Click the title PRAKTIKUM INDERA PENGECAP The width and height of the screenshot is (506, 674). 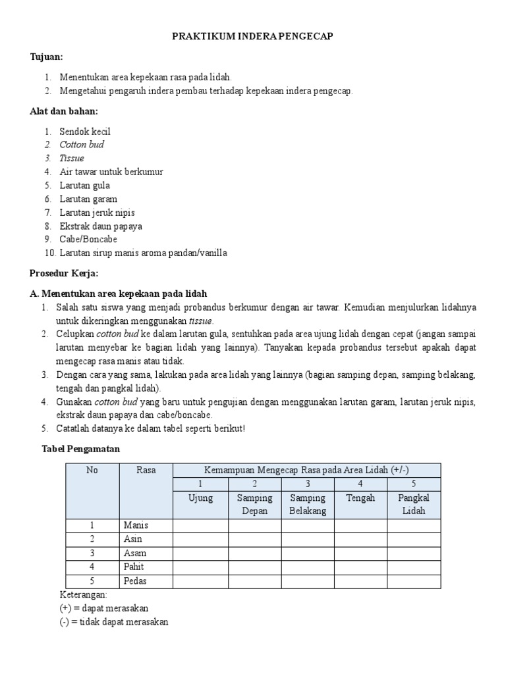(253, 37)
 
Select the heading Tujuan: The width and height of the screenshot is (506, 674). (47, 57)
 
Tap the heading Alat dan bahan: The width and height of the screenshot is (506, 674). (64, 111)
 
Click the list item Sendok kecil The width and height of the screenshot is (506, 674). (85, 132)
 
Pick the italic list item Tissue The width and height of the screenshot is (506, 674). (72, 159)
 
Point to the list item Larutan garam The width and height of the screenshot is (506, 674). (88, 199)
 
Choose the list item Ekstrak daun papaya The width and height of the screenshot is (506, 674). (101, 226)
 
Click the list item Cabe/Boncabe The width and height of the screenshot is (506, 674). (88, 240)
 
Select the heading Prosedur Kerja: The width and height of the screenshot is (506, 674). (64, 273)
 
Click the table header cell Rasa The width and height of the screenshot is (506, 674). (146, 470)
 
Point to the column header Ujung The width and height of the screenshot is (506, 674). (200, 498)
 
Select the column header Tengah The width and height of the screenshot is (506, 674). (360, 498)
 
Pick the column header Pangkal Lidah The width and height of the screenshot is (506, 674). (414, 504)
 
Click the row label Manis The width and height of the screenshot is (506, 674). (136, 525)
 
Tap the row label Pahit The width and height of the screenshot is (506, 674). (134, 567)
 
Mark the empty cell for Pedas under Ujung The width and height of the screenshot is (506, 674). (200, 581)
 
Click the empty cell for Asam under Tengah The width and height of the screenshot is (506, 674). (360, 553)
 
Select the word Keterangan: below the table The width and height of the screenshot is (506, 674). (83, 594)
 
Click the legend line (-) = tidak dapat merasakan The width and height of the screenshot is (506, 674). (114, 621)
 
